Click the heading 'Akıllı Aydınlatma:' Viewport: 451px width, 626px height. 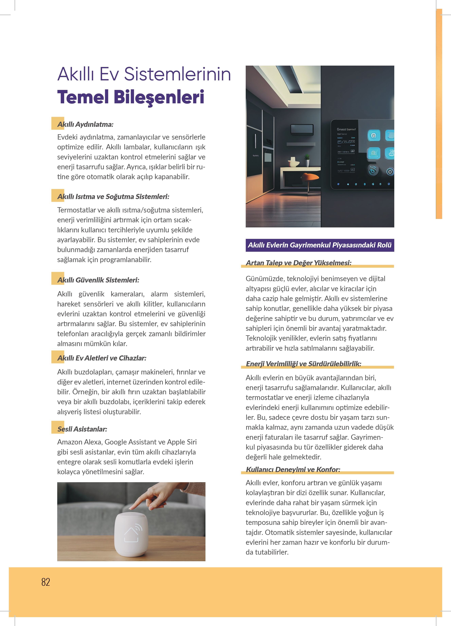pos(85,124)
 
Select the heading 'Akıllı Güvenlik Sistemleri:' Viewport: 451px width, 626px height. pos(98,280)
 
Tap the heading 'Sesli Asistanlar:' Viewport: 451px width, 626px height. pos(82,429)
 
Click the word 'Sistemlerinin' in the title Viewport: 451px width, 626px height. pos(177,74)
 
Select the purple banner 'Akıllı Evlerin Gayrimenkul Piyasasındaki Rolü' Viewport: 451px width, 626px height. pos(320,245)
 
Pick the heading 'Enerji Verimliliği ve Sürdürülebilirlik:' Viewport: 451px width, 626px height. pos(303,364)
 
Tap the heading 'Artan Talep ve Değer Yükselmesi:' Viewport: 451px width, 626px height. pos(299,263)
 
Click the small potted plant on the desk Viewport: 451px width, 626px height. pos(307,160)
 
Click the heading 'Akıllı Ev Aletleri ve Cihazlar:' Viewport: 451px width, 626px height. pos(102,358)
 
